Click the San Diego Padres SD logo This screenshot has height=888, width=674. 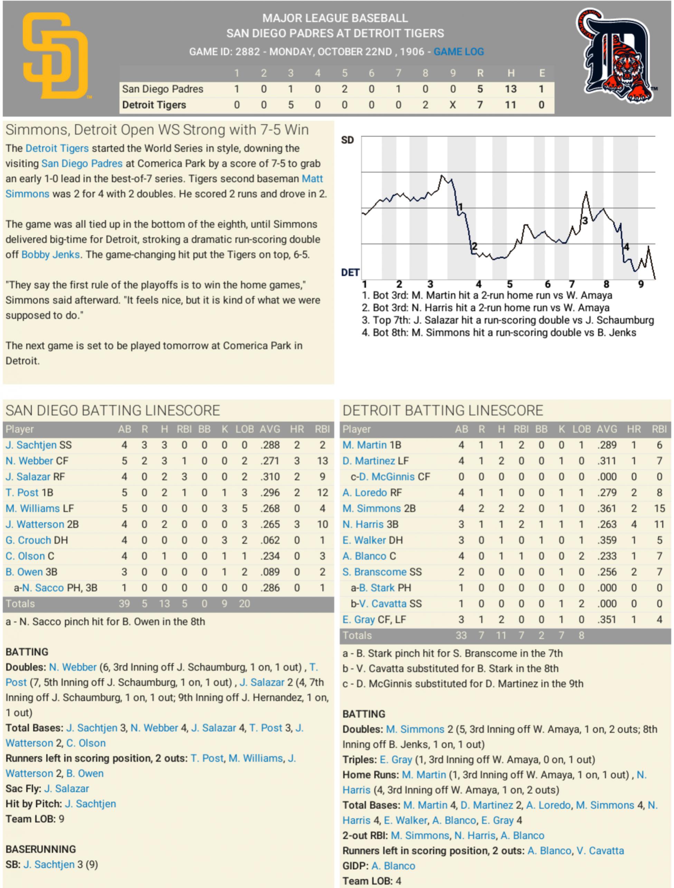55,56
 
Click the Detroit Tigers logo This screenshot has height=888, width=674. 615,56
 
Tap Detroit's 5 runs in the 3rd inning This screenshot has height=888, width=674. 291,105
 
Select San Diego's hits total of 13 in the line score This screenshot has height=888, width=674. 511,89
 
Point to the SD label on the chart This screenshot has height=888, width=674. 347,140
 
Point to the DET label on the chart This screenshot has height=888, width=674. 350,273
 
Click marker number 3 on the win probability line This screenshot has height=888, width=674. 585,221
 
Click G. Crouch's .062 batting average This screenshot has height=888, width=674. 270,540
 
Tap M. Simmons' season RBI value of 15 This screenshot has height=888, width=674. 659,508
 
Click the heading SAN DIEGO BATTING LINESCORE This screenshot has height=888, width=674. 113,410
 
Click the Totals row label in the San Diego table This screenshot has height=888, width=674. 20,603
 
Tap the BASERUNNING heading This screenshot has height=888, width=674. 41,849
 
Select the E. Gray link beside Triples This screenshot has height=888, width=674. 396,760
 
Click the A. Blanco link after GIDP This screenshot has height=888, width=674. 393,866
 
